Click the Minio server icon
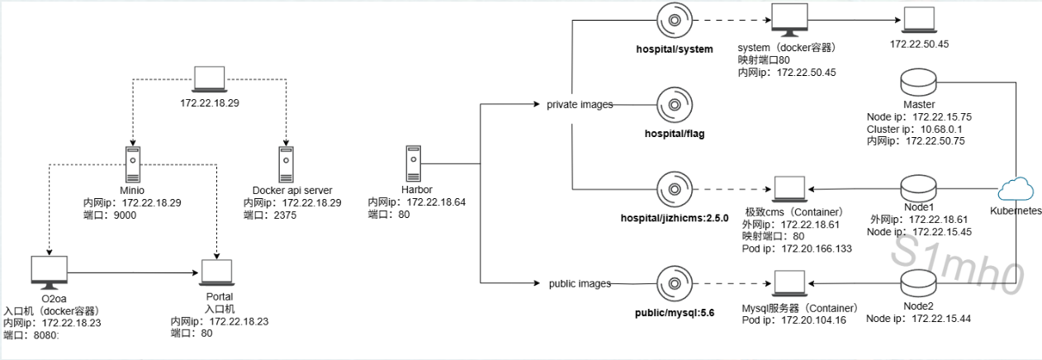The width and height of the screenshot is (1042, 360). (133, 164)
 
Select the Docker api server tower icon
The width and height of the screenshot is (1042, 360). (286, 164)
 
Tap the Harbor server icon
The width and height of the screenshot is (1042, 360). (414, 163)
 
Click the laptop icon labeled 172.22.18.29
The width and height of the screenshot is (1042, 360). (210, 79)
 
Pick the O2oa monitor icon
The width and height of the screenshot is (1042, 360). (50, 272)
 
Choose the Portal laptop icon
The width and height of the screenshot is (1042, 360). (217, 272)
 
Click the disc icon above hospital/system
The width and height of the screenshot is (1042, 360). (675, 21)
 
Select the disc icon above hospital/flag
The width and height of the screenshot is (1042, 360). (675, 105)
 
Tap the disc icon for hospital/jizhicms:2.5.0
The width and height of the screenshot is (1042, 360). (675, 189)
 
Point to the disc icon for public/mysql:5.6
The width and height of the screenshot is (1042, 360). (675, 283)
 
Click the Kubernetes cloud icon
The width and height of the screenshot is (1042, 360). (1016, 190)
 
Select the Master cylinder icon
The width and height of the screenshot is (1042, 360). (918, 83)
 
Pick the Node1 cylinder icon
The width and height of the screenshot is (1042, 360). (918, 188)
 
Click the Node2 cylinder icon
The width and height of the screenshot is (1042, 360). (918, 283)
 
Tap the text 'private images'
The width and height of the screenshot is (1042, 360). (580, 105)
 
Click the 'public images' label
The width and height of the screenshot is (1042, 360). (580, 283)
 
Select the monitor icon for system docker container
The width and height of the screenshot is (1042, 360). (789, 20)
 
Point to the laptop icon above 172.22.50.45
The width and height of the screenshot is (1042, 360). (919, 20)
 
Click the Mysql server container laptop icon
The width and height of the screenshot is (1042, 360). (789, 282)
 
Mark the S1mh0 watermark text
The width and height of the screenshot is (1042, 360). (957, 265)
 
